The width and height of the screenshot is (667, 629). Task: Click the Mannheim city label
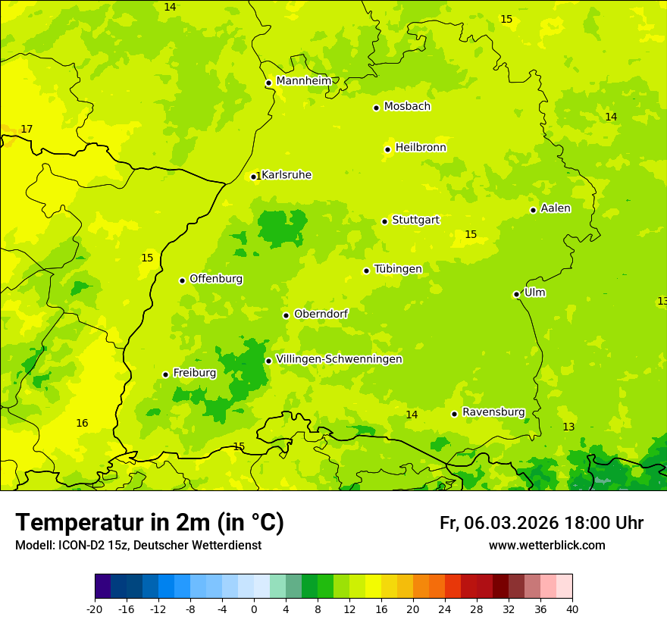pyautogui.click(x=303, y=80)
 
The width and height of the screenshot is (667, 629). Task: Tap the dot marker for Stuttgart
pyautogui.click(x=384, y=221)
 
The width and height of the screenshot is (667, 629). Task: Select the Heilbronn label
pyautogui.click(x=421, y=148)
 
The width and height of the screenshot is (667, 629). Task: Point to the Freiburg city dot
pyautogui.click(x=165, y=374)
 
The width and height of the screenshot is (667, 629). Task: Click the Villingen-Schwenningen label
pyautogui.click(x=339, y=359)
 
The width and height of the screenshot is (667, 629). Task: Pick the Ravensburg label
pyautogui.click(x=493, y=412)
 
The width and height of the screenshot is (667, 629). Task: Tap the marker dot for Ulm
pyautogui.click(x=516, y=294)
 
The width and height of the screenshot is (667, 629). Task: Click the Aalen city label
pyautogui.click(x=556, y=208)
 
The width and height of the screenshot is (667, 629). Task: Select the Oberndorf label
pyautogui.click(x=321, y=314)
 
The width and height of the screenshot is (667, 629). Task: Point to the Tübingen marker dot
pyautogui.click(x=366, y=271)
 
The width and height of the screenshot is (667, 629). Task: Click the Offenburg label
pyautogui.click(x=216, y=279)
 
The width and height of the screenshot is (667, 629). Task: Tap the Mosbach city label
pyautogui.click(x=407, y=107)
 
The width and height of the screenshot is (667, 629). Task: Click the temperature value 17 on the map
pyautogui.click(x=27, y=130)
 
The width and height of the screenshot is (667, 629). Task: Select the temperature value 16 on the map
pyautogui.click(x=82, y=424)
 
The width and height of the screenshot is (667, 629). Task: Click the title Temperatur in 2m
pyautogui.click(x=149, y=522)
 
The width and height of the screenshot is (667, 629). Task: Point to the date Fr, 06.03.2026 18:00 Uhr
pyautogui.click(x=541, y=523)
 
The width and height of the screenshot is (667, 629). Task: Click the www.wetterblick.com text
pyautogui.click(x=546, y=546)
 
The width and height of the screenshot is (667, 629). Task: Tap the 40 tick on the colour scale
pyautogui.click(x=571, y=609)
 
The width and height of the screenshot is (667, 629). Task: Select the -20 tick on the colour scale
pyautogui.click(x=95, y=609)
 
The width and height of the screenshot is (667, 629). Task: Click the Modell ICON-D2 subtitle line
pyautogui.click(x=138, y=546)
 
